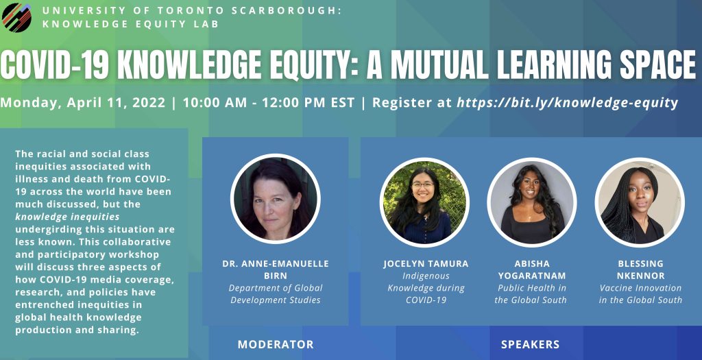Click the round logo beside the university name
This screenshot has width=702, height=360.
point(16,17)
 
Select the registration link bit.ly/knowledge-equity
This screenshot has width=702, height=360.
point(567,103)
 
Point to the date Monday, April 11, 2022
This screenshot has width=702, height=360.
point(83,103)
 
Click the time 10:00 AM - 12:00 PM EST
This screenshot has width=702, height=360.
point(269,103)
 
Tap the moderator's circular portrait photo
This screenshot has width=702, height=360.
point(276,198)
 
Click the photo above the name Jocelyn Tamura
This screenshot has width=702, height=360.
point(424,202)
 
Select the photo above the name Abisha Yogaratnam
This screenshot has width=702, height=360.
point(531,202)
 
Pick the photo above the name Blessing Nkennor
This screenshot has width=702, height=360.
point(640,202)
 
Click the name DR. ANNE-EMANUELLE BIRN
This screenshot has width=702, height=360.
point(276,269)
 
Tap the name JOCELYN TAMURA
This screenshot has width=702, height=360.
point(426,264)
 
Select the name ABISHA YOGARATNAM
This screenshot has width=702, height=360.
point(532,269)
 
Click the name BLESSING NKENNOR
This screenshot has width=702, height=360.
point(641,269)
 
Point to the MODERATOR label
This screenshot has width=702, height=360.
point(276,344)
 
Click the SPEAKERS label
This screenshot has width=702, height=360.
point(530,344)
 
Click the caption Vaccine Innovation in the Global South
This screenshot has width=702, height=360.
point(641,294)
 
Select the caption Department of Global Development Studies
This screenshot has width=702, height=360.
point(276,294)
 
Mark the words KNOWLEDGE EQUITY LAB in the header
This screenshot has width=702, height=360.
point(130,24)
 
